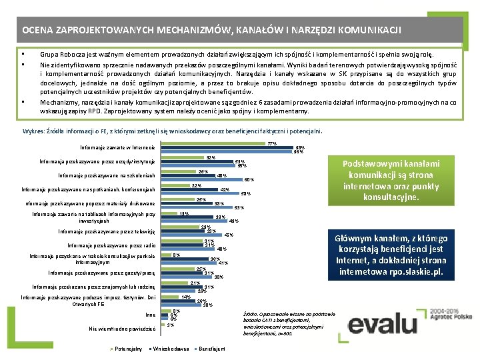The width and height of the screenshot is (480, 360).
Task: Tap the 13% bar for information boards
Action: click(171, 213)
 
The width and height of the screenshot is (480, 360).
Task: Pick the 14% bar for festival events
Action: click(172, 296)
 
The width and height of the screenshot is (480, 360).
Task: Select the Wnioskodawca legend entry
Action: click(170, 349)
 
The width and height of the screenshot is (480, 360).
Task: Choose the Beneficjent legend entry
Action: click(211, 349)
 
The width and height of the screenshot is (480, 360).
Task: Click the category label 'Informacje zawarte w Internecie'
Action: click(117, 147)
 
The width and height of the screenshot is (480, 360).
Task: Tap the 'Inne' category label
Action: click(150, 315)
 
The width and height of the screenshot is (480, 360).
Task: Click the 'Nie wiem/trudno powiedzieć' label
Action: click(122, 329)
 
